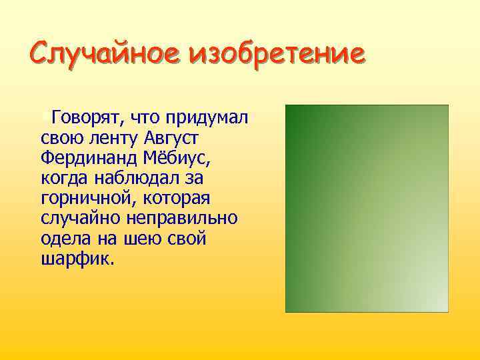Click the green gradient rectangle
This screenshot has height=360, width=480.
pos(367,208)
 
